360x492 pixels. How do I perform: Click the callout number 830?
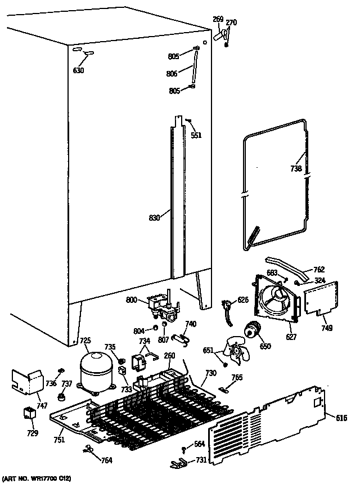click(x=155, y=217)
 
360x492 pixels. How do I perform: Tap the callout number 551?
click(x=196, y=135)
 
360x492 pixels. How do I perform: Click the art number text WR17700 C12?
click(x=37, y=479)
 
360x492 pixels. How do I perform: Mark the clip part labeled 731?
click(x=177, y=463)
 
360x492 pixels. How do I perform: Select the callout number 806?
click(x=172, y=73)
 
